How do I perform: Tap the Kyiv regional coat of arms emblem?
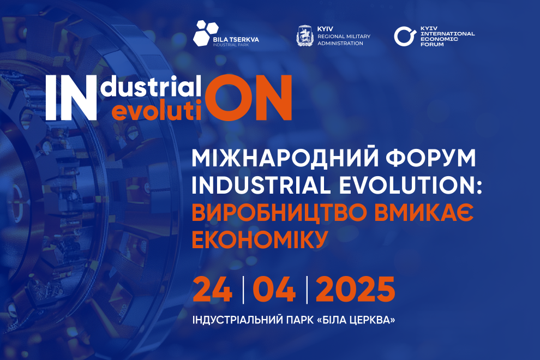(304, 36)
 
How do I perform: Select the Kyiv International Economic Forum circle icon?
(403, 36)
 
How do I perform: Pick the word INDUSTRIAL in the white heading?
(256, 187)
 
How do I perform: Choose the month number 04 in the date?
(274, 290)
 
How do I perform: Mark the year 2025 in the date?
(355, 290)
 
